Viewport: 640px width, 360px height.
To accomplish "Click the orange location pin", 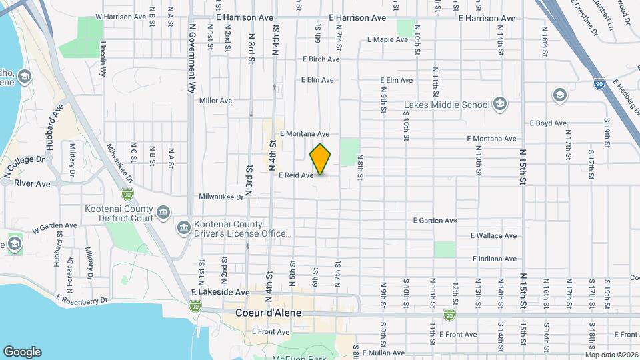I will pyautogui.click(x=321, y=159).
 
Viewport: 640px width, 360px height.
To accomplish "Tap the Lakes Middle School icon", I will pyautogui.click(x=500, y=104).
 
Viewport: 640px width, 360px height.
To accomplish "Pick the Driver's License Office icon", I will pyautogui.click(x=183, y=229).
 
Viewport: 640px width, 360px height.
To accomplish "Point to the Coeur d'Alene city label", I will pyautogui.click(x=269, y=313).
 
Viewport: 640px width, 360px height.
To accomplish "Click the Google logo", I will pyautogui.click(x=22, y=352).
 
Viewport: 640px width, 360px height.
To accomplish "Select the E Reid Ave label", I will pyautogui.click(x=295, y=175).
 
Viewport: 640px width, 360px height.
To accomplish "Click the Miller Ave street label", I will pyautogui.click(x=215, y=101).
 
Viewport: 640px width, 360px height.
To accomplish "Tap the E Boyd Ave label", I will pyautogui.click(x=547, y=123).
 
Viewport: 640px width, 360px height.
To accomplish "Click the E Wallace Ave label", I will pyautogui.click(x=493, y=236).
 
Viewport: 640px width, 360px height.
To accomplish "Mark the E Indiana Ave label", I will pyautogui.click(x=494, y=259).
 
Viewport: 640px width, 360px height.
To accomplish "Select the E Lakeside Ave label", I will pyautogui.click(x=220, y=292).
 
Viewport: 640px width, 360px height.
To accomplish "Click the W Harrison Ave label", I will pyautogui.click(x=121, y=16).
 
